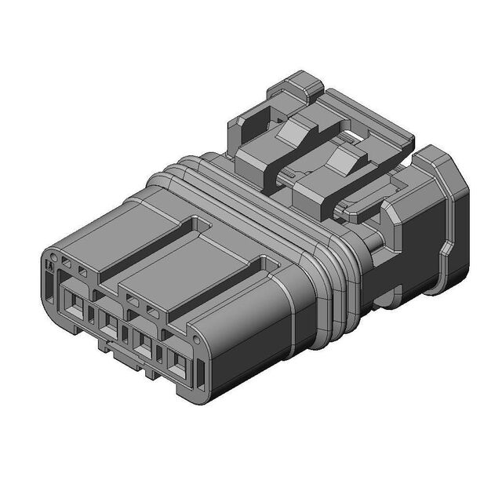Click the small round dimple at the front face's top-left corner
click(53, 257)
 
